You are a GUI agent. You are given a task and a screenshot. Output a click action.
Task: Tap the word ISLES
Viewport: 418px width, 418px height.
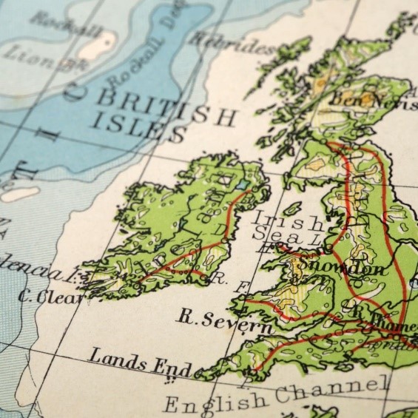coord(141,129)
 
